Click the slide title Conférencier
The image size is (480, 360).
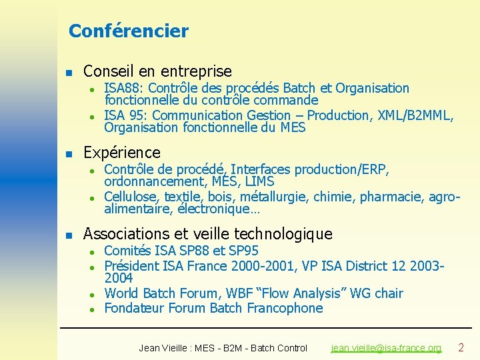pyautogui.click(x=129, y=31)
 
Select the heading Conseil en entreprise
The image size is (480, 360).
pyautogui.click(x=157, y=71)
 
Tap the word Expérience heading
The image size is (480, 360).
pyautogui.click(x=122, y=152)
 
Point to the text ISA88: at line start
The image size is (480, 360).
pyautogui.click(x=125, y=88)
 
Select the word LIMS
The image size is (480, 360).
pyautogui.click(x=260, y=181)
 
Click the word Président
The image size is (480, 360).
pyautogui.click(x=132, y=265)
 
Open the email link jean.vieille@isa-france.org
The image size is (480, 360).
pyautogui.click(x=386, y=348)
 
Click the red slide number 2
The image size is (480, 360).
pyautogui.click(x=460, y=347)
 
